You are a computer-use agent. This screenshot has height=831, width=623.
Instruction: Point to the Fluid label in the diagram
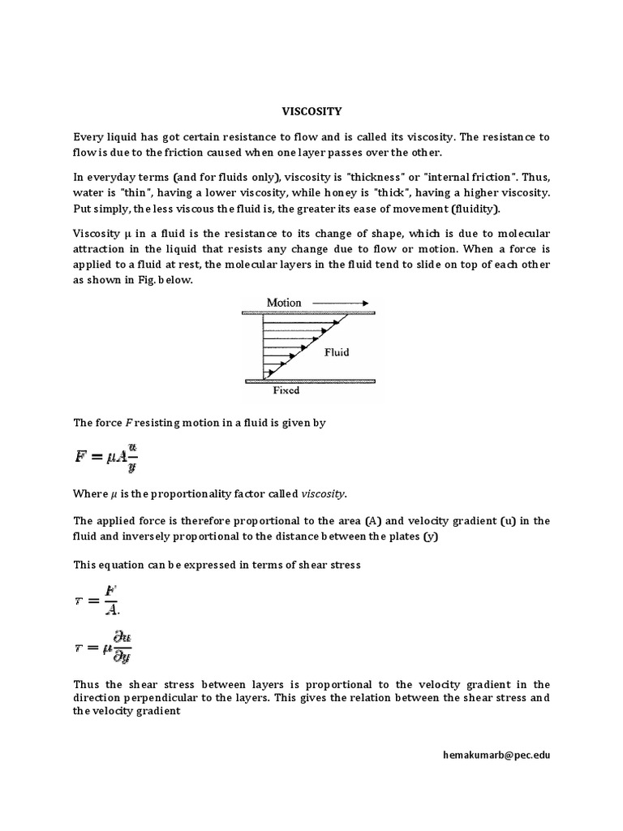pyautogui.click(x=337, y=352)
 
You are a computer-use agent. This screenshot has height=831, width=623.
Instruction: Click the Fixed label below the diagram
pyautogui.click(x=284, y=390)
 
